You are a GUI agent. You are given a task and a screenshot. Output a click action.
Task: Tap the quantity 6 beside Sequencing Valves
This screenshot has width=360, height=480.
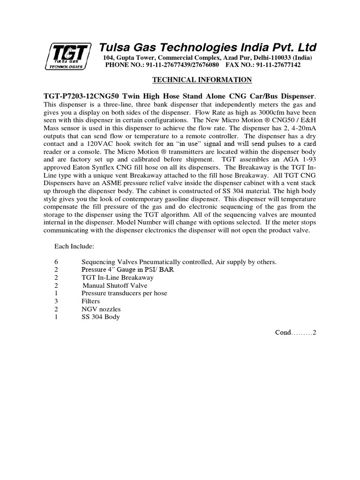click(56, 262)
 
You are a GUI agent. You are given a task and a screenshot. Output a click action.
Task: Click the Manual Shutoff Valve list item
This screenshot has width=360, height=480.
click(115, 285)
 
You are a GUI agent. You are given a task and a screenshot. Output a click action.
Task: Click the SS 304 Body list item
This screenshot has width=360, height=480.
click(100, 317)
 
